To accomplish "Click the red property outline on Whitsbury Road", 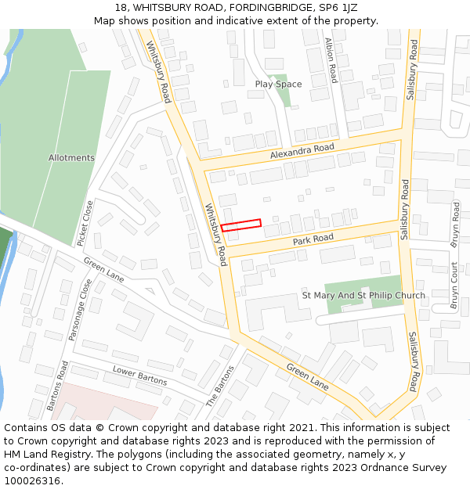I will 240,225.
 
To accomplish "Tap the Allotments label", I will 71,158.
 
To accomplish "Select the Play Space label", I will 278,84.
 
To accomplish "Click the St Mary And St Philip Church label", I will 363,296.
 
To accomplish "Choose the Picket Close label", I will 88,221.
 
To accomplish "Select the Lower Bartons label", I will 139,376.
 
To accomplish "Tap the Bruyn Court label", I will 454,285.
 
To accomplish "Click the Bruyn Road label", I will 455,225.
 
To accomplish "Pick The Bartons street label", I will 220,387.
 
